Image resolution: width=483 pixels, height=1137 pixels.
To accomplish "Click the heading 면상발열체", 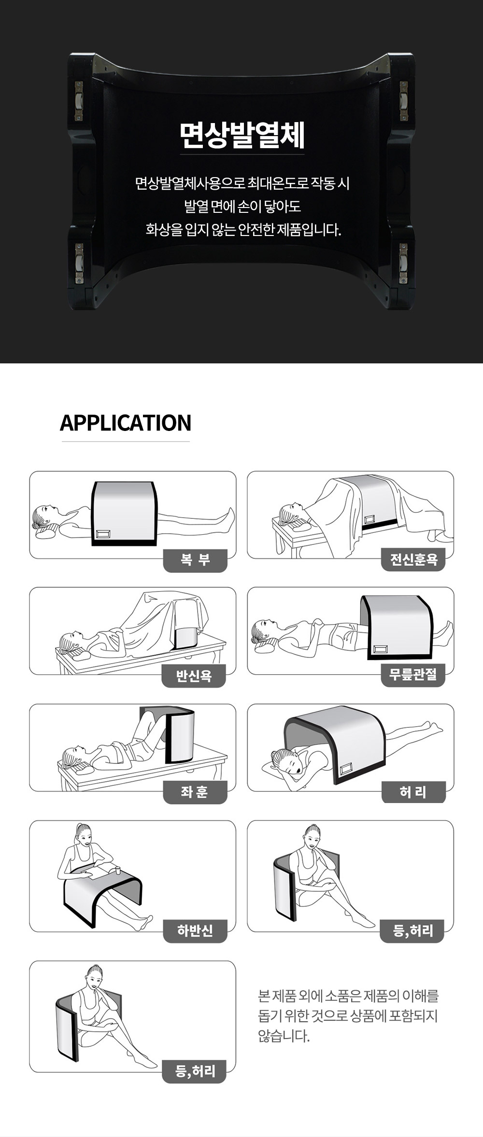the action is pyautogui.click(x=242, y=136).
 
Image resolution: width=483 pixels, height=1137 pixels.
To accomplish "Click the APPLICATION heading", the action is pyautogui.click(x=126, y=423).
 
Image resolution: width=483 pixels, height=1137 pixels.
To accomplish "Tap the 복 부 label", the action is pyautogui.click(x=195, y=560).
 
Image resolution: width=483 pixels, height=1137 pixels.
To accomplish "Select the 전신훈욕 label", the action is pyautogui.click(x=413, y=559).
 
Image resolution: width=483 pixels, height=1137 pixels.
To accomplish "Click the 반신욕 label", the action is pyautogui.click(x=194, y=676).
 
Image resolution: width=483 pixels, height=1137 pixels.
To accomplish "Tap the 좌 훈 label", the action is pyautogui.click(x=195, y=792).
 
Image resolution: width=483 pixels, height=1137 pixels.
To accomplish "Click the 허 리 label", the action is pyautogui.click(x=413, y=792).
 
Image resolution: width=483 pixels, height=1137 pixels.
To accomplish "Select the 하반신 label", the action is pyautogui.click(x=195, y=930).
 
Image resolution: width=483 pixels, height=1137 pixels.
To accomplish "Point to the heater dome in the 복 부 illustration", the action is pyautogui.click(x=125, y=513).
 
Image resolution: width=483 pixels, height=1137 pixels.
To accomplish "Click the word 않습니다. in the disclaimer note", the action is pyautogui.click(x=284, y=1036).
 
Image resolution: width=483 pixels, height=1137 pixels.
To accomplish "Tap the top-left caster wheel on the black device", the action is pyautogui.click(x=79, y=101).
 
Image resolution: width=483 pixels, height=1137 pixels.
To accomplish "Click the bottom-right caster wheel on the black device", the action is pyautogui.click(x=403, y=263).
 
